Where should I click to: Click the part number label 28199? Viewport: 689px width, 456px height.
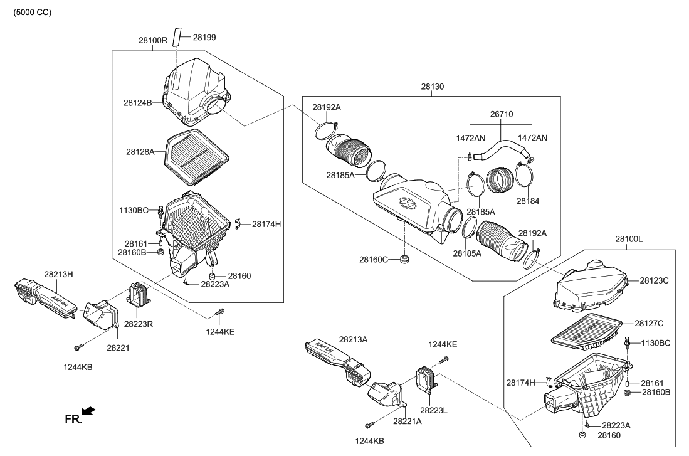click(x=204, y=38)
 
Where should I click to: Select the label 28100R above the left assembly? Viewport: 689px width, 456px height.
click(x=153, y=40)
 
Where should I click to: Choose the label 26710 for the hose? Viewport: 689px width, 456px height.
click(x=501, y=115)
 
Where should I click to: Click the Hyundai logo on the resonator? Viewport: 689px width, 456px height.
click(x=408, y=202)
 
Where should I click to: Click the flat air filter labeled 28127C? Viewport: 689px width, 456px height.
click(x=586, y=330)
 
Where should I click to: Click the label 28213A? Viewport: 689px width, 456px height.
click(x=353, y=339)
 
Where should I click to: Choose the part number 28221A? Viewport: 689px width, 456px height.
click(x=408, y=422)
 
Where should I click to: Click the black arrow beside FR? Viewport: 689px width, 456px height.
click(x=88, y=411)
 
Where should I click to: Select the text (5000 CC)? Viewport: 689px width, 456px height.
click(x=32, y=13)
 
